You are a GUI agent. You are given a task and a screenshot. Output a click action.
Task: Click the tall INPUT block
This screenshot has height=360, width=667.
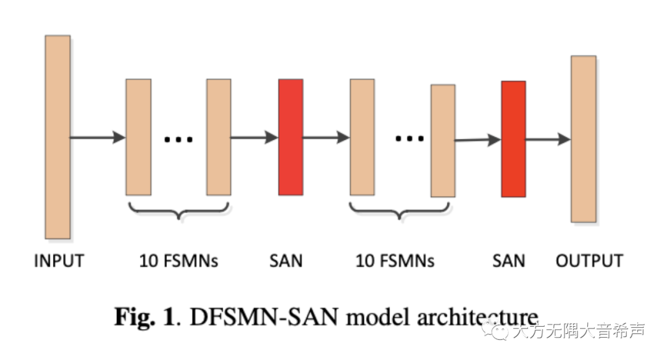pyautogui.click(x=57, y=137)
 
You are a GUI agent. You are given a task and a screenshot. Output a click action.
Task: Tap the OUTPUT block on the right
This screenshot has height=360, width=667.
pyautogui.click(x=583, y=139)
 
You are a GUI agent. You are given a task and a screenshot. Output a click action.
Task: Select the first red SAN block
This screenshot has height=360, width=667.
pyautogui.click(x=291, y=136)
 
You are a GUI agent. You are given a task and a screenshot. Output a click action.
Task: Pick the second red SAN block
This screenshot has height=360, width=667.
pyautogui.click(x=513, y=139)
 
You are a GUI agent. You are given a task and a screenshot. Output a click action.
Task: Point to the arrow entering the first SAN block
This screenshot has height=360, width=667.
pyautogui.click(x=254, y=137)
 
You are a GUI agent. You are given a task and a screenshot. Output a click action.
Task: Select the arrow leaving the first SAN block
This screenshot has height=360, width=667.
pyautogui.click(x=326, y=137)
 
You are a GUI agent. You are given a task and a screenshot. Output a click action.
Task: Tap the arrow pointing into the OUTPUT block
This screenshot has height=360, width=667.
pyautogui.click(x=548, y=140)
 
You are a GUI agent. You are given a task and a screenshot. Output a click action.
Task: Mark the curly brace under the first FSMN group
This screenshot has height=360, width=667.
pyautogui.click(x=178, y=211)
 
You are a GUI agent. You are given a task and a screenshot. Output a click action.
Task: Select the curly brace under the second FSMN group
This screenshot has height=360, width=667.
pyautogui.click(x=402, y=211)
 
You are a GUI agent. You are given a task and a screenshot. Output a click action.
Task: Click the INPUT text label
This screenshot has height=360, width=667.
pyautogui.click(x=59, y=261)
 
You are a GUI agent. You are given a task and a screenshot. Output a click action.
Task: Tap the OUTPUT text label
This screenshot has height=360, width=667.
pyautogui.click(x=589, y=261)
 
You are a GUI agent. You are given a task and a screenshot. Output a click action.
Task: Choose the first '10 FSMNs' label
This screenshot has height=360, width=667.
pyautogui.click(x=178, y=261)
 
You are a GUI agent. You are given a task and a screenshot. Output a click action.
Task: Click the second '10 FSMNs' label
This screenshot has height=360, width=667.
pyautogui.click(x=395, y=261)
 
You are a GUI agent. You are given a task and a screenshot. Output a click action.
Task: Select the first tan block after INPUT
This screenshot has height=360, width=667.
pyautogui.click(x=138, y=137)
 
